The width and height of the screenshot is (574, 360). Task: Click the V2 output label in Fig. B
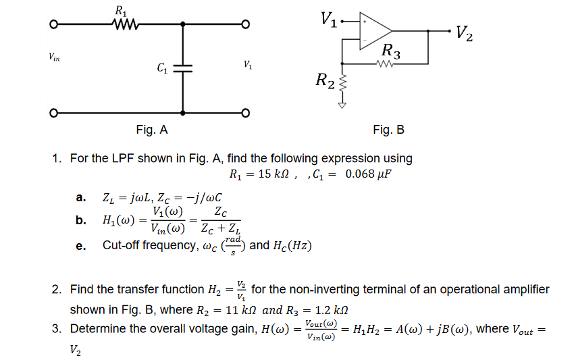coord(464,32)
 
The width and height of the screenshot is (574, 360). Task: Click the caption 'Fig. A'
coord(151,130)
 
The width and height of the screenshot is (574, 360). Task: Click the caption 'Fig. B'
coord(388,130)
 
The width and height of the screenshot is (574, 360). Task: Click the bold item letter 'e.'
coord(80,246)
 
